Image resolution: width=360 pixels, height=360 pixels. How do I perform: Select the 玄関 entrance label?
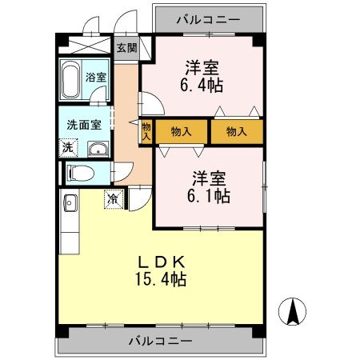pos(126,47)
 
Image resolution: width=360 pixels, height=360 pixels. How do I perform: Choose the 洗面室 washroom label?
pos(83,125)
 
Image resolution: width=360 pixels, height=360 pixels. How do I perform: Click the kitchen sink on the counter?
pos(68,202)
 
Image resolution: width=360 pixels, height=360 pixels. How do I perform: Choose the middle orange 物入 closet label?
pos(182,131)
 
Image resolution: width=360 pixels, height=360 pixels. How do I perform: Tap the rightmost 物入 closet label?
pos(236,131)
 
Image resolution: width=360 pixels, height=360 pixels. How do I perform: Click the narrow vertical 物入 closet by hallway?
pos(146,131)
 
